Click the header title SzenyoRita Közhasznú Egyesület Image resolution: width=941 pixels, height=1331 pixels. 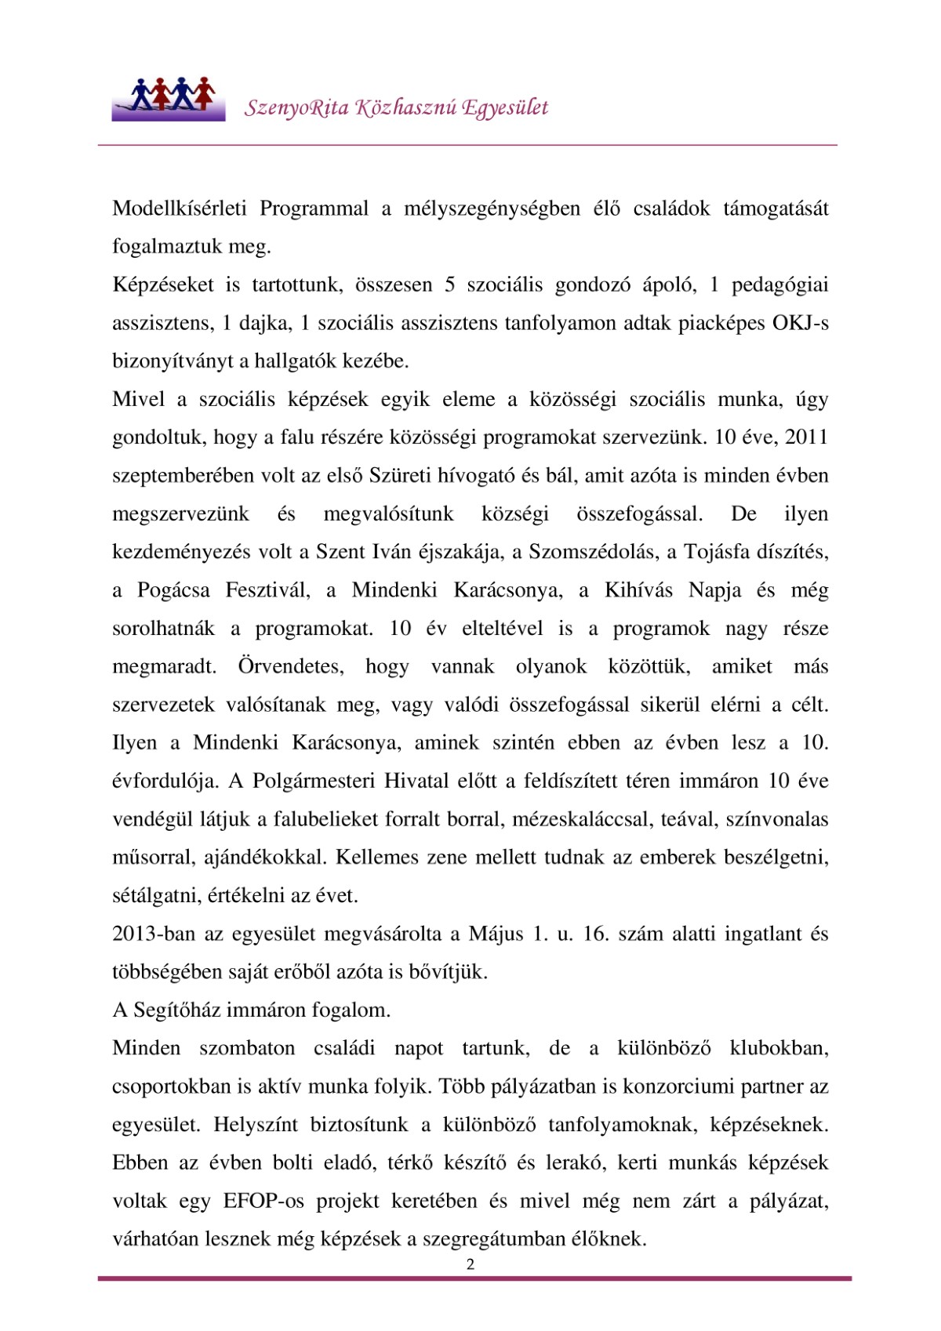[x=396, y=107]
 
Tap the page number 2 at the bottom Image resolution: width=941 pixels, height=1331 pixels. [x=470, y=1264]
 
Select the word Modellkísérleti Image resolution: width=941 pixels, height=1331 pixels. [x=180, y=209]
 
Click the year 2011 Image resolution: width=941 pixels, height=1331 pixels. [x=806, y=437]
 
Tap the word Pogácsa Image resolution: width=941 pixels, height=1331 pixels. [x=173, y=590]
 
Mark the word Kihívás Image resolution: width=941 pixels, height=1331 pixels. [x=638, y=590]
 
